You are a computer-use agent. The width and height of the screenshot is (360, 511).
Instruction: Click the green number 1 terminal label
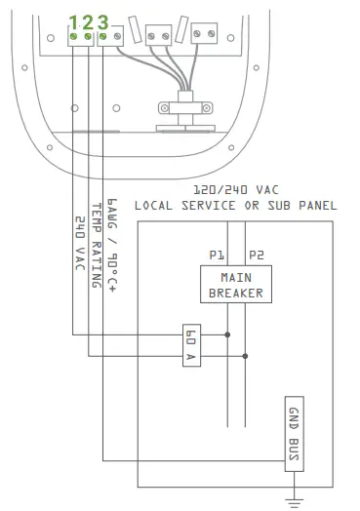73,20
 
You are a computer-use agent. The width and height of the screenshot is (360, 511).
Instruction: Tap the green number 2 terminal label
88,20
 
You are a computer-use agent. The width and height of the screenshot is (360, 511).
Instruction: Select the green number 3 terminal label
102,20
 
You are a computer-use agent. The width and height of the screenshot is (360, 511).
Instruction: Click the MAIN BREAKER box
236,285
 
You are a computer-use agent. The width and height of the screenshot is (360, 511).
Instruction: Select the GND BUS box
294,434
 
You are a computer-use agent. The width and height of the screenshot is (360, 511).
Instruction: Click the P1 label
217,255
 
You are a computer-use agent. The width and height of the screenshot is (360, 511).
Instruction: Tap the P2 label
256,255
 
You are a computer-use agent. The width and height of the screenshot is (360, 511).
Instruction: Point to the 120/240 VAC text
235,190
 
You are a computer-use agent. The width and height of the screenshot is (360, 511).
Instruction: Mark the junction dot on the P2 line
245,356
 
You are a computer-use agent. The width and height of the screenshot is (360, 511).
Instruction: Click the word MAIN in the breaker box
236,278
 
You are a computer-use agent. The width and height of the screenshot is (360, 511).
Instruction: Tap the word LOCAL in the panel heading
155,206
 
